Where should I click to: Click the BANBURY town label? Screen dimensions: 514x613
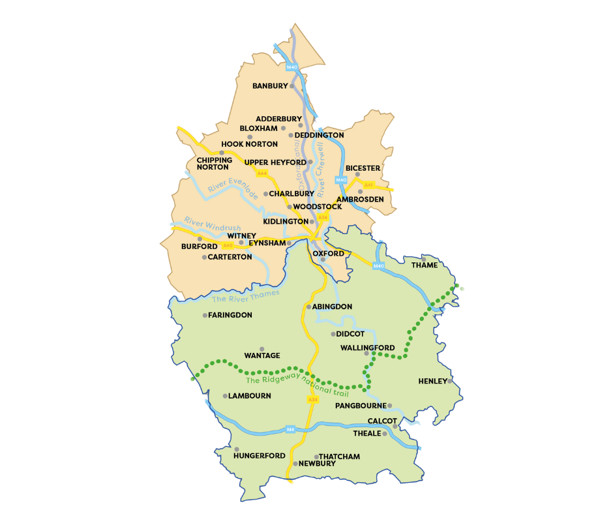click(270, 86)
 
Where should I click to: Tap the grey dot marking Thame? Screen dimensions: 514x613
click(423, 259)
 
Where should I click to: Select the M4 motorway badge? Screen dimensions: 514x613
click(290, 429)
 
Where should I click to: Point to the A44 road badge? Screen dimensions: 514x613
click(262, 173)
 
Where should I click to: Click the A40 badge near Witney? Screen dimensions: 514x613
click(228, 245)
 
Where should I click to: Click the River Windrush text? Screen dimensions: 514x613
click(208, 224)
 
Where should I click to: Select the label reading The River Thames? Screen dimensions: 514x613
click(245, 297)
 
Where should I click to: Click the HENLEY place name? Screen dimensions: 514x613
click(432, 381)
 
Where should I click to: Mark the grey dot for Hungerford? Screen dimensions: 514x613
click(237, 449)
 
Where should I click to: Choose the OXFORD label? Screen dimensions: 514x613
click(328, 253)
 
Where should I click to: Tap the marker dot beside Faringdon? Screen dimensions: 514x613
click(205, 315)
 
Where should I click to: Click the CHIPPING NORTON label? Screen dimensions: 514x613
click(214, 163)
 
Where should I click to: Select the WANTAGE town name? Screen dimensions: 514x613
click(262, 355)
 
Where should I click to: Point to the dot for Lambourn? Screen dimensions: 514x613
click(225, 396)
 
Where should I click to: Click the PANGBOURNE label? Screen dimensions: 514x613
click(361, 406)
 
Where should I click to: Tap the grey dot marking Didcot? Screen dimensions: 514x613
click(333, 334)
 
